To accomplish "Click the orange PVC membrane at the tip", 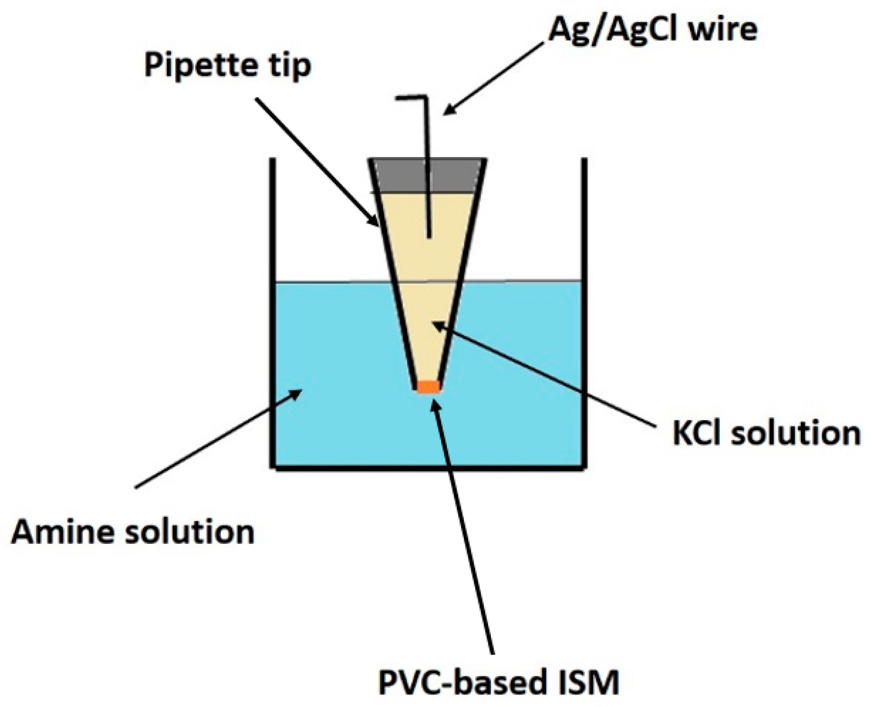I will coord(428,387).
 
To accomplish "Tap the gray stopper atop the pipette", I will coord(427,175).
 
